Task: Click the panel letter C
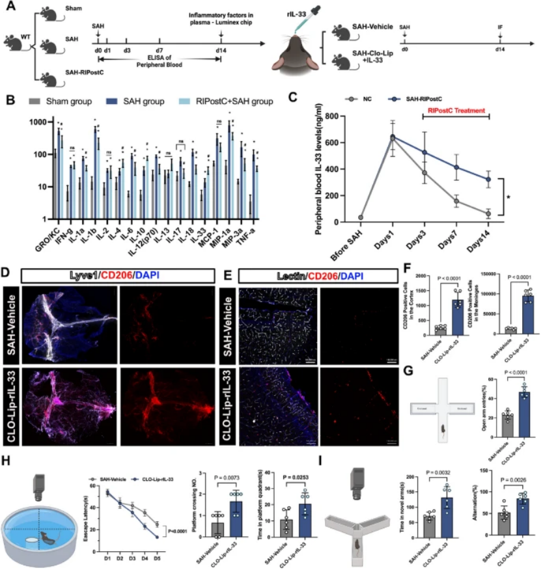[x=292, y=98]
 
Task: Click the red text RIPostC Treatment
[x=456, y=111]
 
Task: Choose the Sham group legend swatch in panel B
[x=38, y=102]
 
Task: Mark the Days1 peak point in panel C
[x=393, y=137]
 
